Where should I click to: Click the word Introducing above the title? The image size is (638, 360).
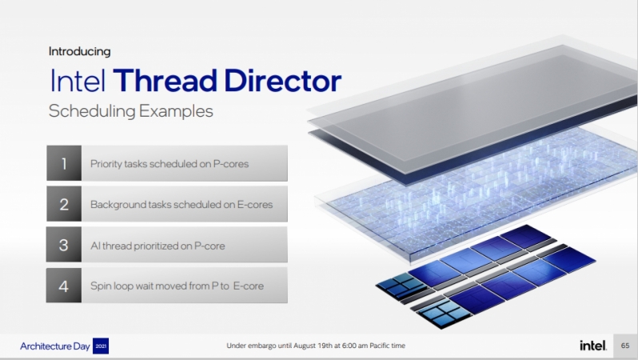(x=80, y=52)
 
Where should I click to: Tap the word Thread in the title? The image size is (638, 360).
(x=165, y=81)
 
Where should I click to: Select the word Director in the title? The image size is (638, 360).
(x=283, y=81)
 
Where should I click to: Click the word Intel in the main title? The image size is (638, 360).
(x=78, y=81)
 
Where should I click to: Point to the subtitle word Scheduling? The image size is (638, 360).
(x=92, y=111)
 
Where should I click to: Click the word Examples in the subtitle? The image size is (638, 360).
(x=176, y=110)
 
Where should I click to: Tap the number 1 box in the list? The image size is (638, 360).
(x=64, y=163)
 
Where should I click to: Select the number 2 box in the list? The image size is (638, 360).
(x=64, y=204)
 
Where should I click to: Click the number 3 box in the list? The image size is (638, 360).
(x=64, y=245)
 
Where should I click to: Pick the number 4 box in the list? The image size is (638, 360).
(x=64, y=286)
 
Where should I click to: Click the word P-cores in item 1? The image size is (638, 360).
(x=231, y=164)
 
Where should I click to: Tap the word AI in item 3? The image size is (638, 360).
(x=95, y=246)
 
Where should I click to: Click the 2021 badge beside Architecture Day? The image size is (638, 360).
(x=101, y=346)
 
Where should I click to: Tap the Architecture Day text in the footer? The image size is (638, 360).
(x=55, y=346)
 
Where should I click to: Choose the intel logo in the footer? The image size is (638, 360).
(x=593, y=346)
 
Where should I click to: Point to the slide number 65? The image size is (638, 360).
(x=625, y=346)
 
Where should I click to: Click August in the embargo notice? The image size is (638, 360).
(x=305, y=346)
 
